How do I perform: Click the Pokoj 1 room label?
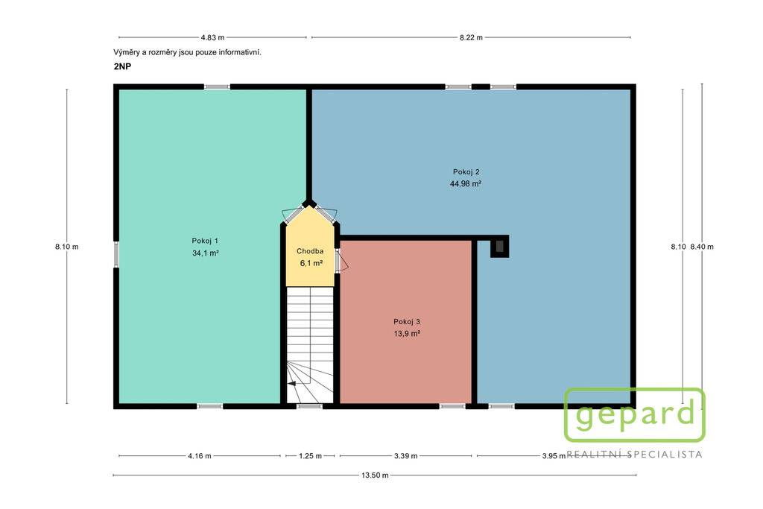205,241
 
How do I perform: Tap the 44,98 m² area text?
466,184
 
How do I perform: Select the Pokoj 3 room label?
407,322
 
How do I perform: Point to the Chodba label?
310,251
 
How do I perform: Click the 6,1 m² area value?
311,263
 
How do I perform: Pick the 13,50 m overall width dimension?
375,475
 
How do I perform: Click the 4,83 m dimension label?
212,37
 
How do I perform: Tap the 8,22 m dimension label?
471,37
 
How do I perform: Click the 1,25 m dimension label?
310,456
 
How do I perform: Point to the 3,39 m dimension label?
406,456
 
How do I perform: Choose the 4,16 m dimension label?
200,456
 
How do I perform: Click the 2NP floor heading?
123,66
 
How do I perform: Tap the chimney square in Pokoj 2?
499,247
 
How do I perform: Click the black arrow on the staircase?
292,384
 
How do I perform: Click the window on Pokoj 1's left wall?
116,255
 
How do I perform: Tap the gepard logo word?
635,415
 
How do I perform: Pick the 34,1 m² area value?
206,253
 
